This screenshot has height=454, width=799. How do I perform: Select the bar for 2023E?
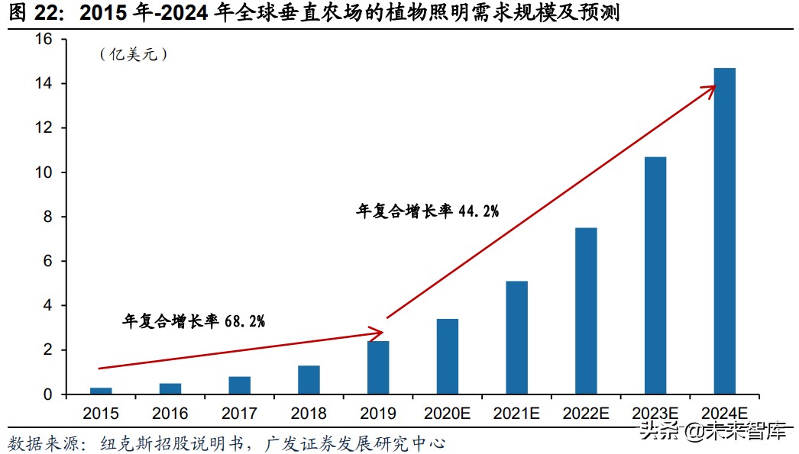click(655, 275)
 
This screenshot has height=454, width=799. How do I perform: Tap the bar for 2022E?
click(586, 311)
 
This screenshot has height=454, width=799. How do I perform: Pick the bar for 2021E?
click(516, 338)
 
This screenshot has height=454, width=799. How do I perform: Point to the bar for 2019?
click(378, 368)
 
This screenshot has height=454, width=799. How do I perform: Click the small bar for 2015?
click(101, 391)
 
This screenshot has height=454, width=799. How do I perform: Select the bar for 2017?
click(239, 385)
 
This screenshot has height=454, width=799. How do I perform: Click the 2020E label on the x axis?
click(447, 414)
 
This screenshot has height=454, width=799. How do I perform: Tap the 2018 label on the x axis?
click(309, 414)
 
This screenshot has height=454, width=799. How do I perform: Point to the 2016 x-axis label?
click(170, 414)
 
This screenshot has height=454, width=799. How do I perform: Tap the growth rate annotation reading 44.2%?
click(427, 211)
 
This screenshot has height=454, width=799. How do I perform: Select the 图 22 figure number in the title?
click(34, 13)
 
